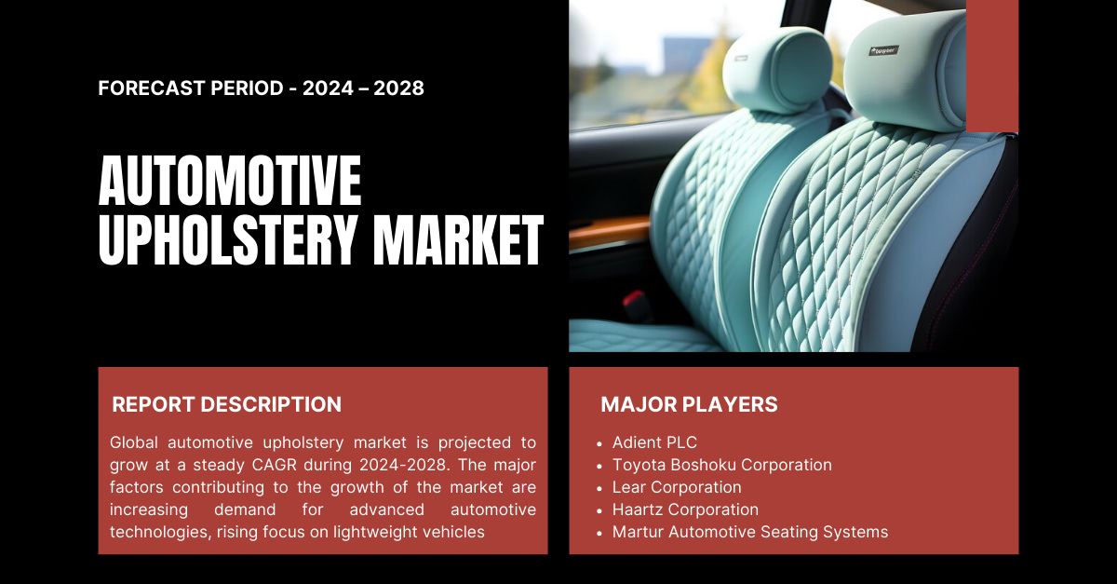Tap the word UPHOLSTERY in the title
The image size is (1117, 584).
coord(228,239)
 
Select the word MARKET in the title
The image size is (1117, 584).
coord(458,239)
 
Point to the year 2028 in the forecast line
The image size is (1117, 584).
coord(399,88)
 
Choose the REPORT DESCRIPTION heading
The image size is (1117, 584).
coord(226,404)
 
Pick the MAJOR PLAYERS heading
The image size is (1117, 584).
coord(689,404)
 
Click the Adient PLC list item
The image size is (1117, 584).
coord(654,442)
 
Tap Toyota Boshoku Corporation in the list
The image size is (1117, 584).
coord(722,465)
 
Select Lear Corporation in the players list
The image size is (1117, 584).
coord(677,487)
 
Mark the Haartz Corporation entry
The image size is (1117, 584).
coord(685,509)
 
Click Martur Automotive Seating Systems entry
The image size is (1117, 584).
coord(750,532)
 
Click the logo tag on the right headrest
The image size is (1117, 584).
coord(884,50)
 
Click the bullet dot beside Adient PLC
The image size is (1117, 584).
coord(599,443)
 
